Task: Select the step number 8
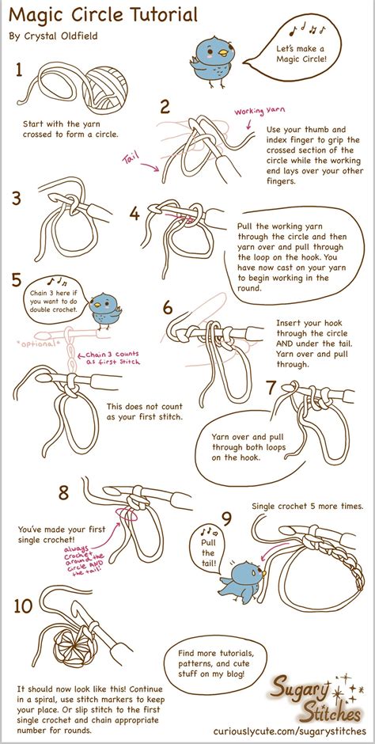click(x=64, y=492)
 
